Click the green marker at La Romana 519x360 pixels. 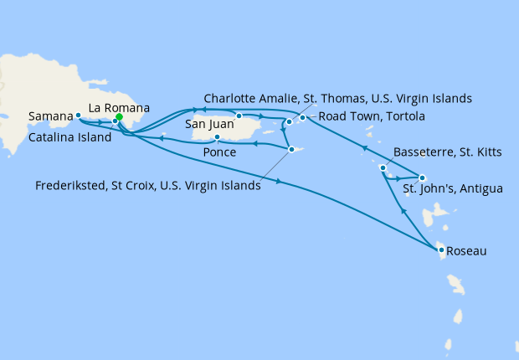tap(119, 118)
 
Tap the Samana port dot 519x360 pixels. tap(78, 116)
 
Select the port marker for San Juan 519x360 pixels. tap(239, 116)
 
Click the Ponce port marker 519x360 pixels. tap(217, 137)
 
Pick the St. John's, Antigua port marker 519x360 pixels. tap(422, 177)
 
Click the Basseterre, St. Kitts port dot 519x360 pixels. tap(383, 169)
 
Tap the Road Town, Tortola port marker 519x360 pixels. tap(302, 118)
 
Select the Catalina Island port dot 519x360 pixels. tap(115, 122)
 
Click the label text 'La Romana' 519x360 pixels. tap(120, 107)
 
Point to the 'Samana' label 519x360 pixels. tap(49, 116)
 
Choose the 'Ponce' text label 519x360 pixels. tap(218, 153)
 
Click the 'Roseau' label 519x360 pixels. tap(466, 250)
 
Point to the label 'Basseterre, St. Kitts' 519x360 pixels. tap(448, 157)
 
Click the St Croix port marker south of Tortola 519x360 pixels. tap(290, 150)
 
